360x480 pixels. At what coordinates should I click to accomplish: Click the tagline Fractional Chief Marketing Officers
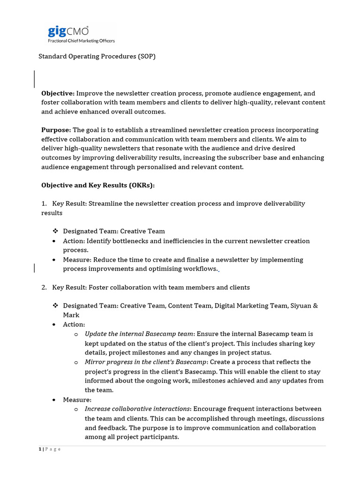point(82,41)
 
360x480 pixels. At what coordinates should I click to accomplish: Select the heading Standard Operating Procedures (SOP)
point(97,56)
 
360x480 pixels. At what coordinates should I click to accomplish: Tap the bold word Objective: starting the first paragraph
point(58,93)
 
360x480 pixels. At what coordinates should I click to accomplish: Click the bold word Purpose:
point(56,130)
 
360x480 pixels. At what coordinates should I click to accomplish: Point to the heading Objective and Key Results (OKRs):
point(98,185)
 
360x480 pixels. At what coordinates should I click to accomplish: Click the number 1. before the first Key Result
point(44,204)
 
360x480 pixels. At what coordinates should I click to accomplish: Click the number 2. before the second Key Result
point(44,287)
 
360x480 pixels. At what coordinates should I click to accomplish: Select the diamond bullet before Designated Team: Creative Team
point(55,231)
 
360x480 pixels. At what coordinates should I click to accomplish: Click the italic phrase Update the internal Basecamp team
point(139,334)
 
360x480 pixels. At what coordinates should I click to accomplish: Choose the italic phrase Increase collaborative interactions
point(137,409)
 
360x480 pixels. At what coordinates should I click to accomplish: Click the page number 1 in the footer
point(39,450)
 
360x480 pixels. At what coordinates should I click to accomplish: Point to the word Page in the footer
point(53,450)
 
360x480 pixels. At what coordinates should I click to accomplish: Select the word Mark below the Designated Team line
point(71,315)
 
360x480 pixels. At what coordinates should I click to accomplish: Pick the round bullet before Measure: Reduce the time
point(55,260)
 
